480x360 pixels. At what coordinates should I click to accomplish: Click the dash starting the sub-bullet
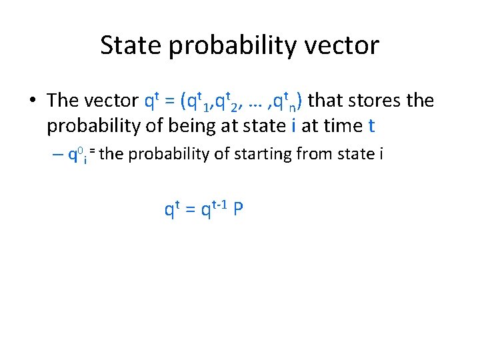57,155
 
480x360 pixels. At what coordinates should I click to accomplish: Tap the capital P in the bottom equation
238,210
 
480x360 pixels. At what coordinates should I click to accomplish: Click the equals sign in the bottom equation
189,211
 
